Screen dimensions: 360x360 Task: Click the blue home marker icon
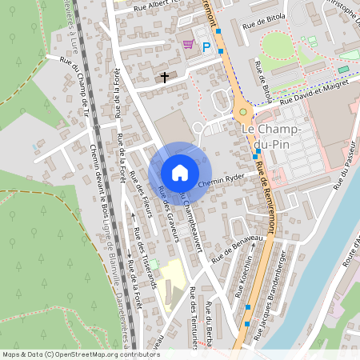180,173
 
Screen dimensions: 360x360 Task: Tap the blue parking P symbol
206,47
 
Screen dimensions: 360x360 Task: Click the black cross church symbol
166,78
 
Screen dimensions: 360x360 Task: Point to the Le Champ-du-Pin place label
270,136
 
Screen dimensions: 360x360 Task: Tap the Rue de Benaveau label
237,249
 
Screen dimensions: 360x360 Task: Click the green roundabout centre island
243,111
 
